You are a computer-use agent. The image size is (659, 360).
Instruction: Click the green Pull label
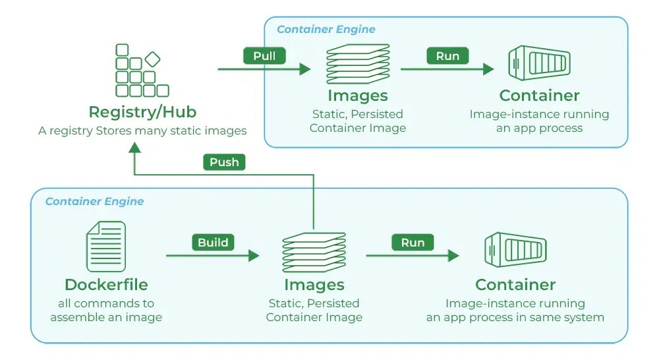click(264, 56)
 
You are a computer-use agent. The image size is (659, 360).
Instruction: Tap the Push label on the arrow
click(224, 162)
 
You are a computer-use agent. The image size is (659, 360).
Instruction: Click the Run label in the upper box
click(447, 56)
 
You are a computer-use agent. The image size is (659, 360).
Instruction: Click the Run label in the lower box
click(413, 243)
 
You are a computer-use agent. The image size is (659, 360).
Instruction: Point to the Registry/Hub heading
click(142, 111)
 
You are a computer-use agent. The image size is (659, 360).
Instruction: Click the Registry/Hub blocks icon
click(140, 71)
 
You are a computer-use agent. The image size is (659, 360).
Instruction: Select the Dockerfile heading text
click(106, 285)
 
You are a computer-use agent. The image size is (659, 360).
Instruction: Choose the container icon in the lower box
click(515, 252)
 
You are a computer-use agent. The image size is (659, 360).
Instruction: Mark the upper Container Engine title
click(326, 30)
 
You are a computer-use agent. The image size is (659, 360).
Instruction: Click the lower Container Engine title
click(94, 201)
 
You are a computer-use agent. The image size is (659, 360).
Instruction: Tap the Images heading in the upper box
click(358, 96)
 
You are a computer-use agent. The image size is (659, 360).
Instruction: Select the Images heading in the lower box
click(314, 285)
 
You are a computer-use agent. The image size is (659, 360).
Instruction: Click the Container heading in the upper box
click(539, 96)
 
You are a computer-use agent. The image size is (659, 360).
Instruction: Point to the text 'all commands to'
click(106, 303)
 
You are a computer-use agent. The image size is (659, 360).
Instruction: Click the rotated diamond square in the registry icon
click(152, 59)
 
